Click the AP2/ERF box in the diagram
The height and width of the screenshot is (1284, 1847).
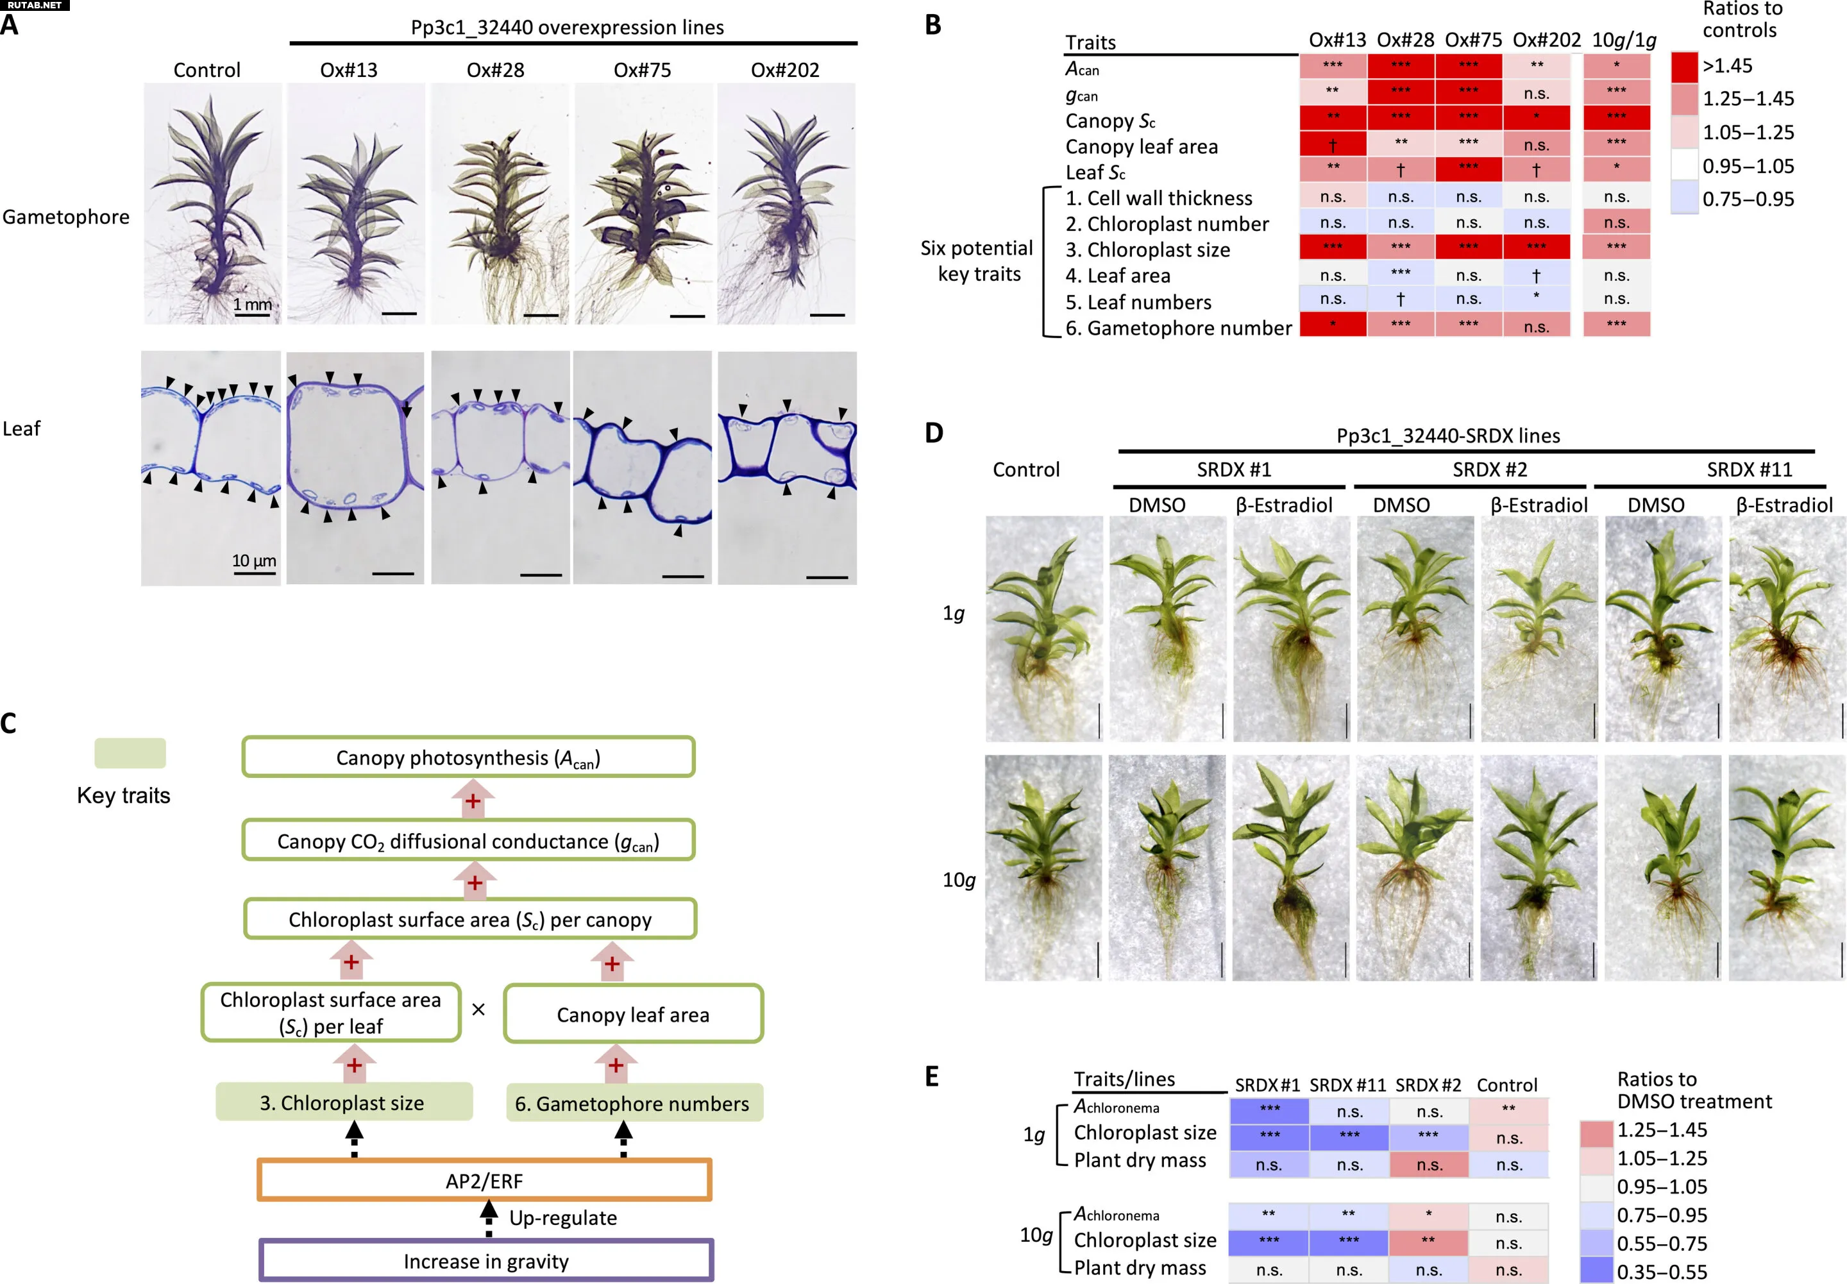tap(484, 1180)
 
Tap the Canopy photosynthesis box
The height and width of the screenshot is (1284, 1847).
tap(468, 757)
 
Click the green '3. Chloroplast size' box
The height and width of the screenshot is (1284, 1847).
tap(344, 1102)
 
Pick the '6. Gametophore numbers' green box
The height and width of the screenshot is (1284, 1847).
tap(633, 1103)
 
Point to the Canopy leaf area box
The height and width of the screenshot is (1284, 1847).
tap(633, 1014)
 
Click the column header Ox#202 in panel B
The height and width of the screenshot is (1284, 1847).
tap(1546, 39)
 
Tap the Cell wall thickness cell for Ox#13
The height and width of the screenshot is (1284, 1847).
tap(1332, 196)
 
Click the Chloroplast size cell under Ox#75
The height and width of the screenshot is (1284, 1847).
tap(1468, 247)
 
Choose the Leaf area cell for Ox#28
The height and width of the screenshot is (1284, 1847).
tap(1401, 273)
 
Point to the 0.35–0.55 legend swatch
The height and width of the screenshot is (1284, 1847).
tap(1596, 1271)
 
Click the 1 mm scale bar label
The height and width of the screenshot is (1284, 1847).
tap(252, 304)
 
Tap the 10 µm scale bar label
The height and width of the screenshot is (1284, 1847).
tap(253, 560)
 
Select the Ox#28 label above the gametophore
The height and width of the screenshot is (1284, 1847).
tap(496, 70)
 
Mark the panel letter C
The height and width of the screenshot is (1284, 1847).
tap(9, 723)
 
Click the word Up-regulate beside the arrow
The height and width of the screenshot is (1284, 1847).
tap(563, 1218)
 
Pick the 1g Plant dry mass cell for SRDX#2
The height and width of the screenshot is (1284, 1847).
tap(1429, 1164)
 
